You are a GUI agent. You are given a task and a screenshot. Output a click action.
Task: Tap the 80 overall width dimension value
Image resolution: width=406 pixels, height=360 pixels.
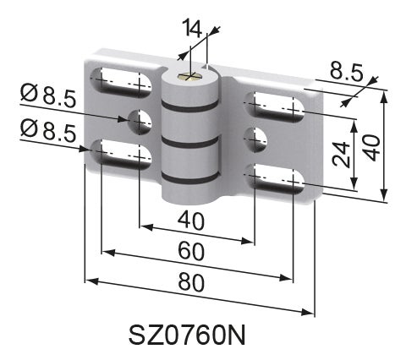click(191, 285)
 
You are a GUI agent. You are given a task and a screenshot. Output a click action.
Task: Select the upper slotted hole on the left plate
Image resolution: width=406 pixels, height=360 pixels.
click(122, 83)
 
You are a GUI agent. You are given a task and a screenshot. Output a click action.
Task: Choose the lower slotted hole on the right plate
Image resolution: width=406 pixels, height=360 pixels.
click(276, 179)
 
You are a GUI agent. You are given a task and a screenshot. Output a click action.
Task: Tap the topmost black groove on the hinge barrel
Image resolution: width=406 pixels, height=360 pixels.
click(193, 108)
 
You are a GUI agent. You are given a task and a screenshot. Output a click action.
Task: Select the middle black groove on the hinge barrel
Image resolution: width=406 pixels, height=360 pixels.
click(193, 144)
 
